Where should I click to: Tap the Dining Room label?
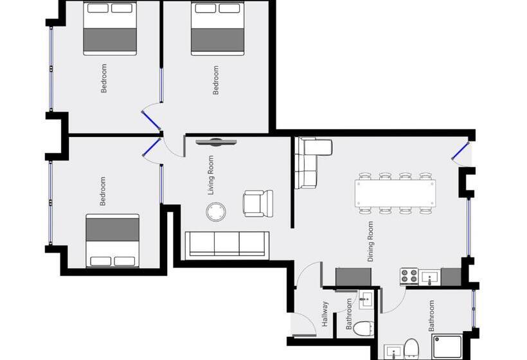click(370, 241)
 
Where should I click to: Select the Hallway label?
click(325, 314)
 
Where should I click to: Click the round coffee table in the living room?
click(215, 211)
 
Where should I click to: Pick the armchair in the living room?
click(258, 203)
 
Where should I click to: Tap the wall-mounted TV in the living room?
click(215, 142)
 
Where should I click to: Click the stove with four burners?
click(409, 276)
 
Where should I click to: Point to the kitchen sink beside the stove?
click(430, 277)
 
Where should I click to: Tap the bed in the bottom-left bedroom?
click(112, 240)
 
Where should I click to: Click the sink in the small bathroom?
click(366, 298)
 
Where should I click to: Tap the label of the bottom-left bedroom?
click(103, 192)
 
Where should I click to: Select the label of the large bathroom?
click(432, 316)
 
